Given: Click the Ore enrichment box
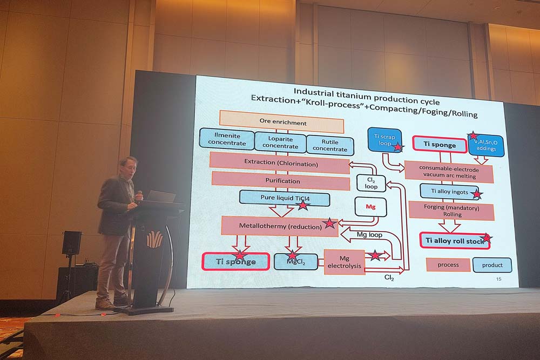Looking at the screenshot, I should click(x=281, y=122).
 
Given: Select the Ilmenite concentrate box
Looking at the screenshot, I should click(x=226, y=139).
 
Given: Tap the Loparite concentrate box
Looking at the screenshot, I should click(x=280, y=142).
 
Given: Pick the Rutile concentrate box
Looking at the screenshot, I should click(x=330, y=145).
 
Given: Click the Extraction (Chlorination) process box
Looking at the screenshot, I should click(x=280, y=162).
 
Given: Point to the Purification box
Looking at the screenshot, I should click(x=281, y=180).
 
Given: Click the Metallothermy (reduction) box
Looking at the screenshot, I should click(x=279, y=226).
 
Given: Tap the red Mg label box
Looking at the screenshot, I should click(x=370, y=206).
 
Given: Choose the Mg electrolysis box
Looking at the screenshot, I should click(x=344, y=262).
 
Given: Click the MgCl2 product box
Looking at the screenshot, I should click(x=292, y=261).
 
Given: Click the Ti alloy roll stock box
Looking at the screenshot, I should click(x=455, y=241).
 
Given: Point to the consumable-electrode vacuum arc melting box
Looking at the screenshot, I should click(x=448, y=172).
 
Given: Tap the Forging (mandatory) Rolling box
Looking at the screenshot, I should click(x=451, y=210).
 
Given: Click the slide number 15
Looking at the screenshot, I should click(x=498, y=279).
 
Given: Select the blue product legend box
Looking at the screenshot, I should click(x=492, y=265).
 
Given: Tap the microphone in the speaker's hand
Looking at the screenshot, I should click(x=139, y=194).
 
